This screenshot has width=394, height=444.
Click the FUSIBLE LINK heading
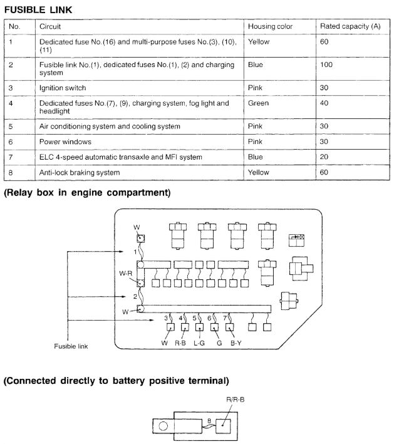(x=38, y=9)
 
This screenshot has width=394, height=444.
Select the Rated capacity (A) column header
(x=350, y=27)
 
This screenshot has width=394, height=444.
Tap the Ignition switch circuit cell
(x=63, y=88)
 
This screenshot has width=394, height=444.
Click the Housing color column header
(x=270, y=27)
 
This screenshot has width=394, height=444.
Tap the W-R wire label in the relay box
(x=127, y=274)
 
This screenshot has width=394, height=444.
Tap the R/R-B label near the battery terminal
(x=235, y=399)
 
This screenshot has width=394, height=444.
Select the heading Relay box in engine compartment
(x=87, y=192)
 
